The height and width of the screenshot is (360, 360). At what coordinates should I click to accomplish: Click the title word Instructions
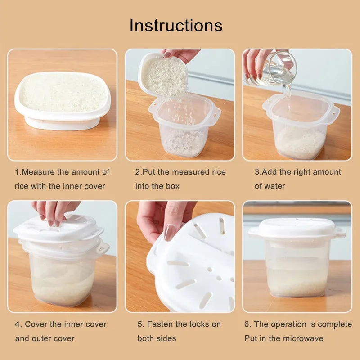(x=176, y=25)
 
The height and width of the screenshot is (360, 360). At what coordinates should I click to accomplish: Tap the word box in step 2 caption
(x=172, y=186)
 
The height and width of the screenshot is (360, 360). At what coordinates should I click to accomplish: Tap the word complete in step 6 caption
(x=335, y=324)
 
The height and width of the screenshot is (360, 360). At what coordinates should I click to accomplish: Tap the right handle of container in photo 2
(x=216, y=112)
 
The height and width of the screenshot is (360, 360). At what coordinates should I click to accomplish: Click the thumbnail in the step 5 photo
(x=170, y=232)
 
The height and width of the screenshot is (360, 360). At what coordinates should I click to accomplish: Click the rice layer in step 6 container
(x=297, y=283)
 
